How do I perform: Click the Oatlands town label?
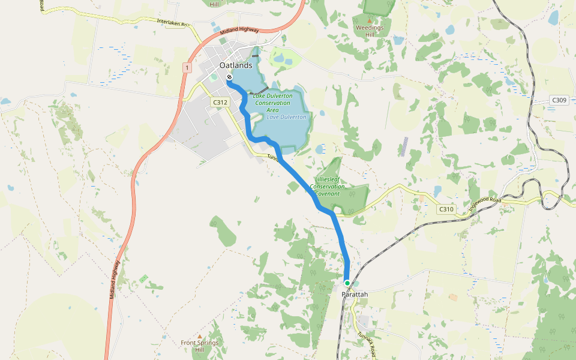(227, 65)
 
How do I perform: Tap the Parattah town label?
(355, 294)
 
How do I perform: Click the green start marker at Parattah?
(347, 283)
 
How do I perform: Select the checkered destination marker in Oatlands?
(229, 77)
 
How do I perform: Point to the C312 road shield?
(220, 103)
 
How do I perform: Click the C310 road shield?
(446, 209)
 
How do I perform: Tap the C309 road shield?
(559, 100)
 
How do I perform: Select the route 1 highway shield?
(187, 68)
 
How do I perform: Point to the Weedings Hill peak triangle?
(370, 20)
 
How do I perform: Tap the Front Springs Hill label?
(200, 346)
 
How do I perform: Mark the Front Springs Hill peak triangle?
(200, 337)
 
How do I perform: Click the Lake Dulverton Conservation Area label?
(272, 103)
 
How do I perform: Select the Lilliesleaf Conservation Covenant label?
(330, 187)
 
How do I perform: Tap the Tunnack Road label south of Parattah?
(367, 344)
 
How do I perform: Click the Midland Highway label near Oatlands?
(239, 30)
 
